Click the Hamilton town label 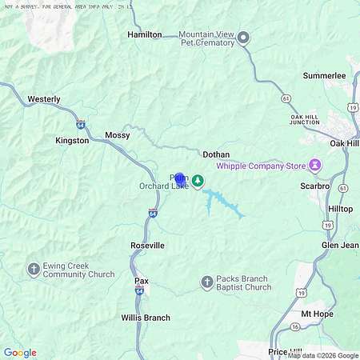click(x=145, y=35)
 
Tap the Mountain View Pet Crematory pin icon click(x=244, y=38)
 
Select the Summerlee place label click(x=324, y=75)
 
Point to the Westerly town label click(x=44, y=99)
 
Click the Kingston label click(x=72, y=140)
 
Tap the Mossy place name click(x=117, y=136)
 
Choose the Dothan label click(x=216, y=154)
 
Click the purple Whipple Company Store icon click(x=315, y=166)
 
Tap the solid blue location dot click(x=179, y=179)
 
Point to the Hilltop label click(x=340, y=208)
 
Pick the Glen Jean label click(x=340, y=245)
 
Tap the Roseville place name click(x=147, y=245)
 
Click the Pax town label click(x=141, y=282)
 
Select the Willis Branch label click(x=146, y=318)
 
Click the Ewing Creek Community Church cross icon click(x=34, y=269)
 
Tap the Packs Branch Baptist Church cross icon click(x=206, y=282)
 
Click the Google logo click(x=20, y=353)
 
